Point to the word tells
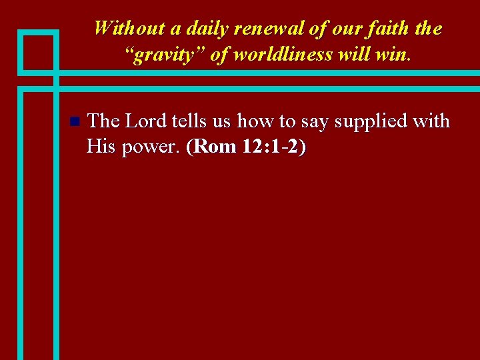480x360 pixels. [191, 121]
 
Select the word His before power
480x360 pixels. [101, 147]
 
